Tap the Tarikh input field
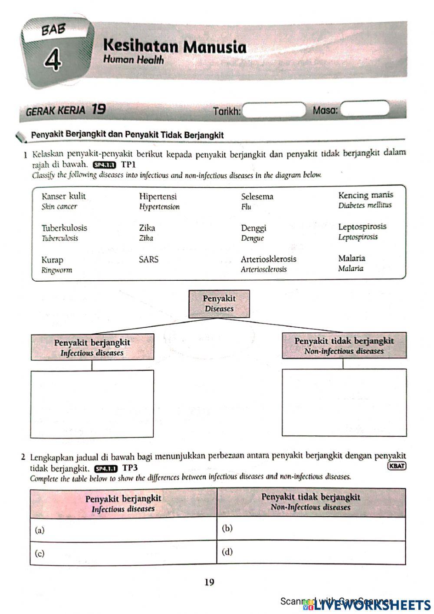point(273,110)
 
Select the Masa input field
point(365,110)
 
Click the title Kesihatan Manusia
point(175,46)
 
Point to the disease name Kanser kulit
point(64,196)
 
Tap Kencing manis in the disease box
point(365,196)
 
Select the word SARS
point(149,260)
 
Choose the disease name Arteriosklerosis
point(269,259)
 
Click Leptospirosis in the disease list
point(362,227)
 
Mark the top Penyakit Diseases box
point(219,304)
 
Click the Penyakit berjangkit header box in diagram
point(92,347)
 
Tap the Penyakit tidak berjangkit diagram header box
point(344,345)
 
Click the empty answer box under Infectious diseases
point(92,404)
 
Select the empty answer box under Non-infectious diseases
point(344,402)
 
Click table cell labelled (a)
point(123,529)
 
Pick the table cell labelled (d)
point(311,552)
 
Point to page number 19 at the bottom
point(209,582)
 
